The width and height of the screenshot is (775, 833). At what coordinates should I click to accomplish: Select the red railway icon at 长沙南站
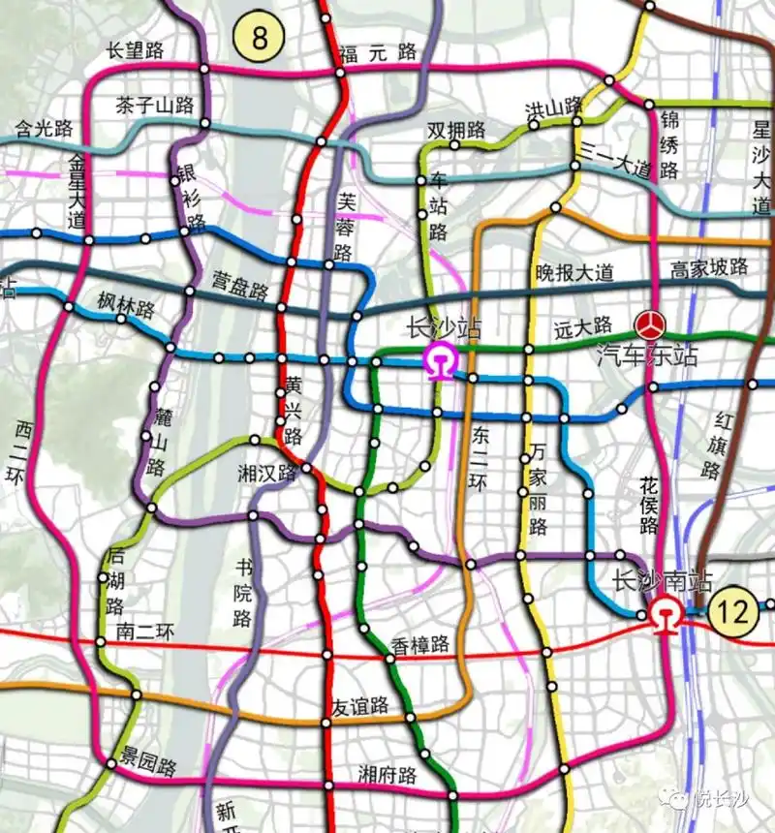coord(665,614)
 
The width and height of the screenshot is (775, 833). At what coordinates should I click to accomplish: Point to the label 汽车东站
coord(647,355)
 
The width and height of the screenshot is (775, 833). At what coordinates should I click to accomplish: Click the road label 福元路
coord(378,52)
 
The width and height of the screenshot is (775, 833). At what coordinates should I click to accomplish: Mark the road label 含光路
coord(45,127)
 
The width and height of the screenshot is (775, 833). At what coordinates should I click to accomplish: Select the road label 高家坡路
coord(710,266)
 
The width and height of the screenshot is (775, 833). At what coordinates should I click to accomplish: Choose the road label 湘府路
coord(387,775)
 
